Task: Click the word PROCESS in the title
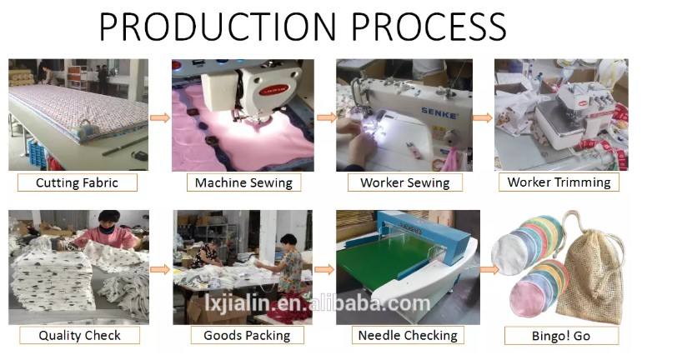pyautogui.click(x=429, y=27)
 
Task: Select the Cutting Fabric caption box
pyautogui.click(x=78, y=182)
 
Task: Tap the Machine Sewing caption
pyautogui.click(x=243, y=182)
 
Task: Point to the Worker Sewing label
pyautogui.click(x=405, y=182)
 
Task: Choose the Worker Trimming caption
pyautogui.click(x=559, y=182)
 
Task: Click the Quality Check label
pyautogui.click(x=79, y=335)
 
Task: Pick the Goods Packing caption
pyautogui.click(x=247, y=335)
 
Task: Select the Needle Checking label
pyautogui.click(x=408, y=335)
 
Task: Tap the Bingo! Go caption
pyautogui.click(x=561, y=336)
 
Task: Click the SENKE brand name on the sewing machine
pyautogui.click(x=439, y=113)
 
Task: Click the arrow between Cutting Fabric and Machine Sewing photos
pyautogui.click(x=160, y=117)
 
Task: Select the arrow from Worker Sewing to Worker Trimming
pyautogui.click(x=483, y=117)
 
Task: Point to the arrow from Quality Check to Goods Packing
pyautogui.click(x=160, y=270)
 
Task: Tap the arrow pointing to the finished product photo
pyautogui.click(x=489, y=270)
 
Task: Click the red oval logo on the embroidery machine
pyautogui.click(x=273, y=90)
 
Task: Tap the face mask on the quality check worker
pyautogui.click(x=106, y=230)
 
